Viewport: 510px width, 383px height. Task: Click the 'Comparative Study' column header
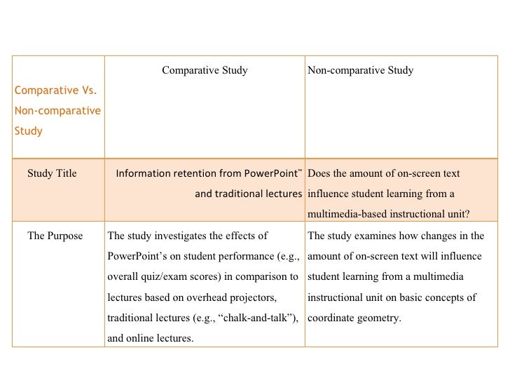pyautogui.click(x=205, y=70)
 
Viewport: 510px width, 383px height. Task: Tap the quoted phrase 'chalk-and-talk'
pyautogui.click(x=256, y=318)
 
